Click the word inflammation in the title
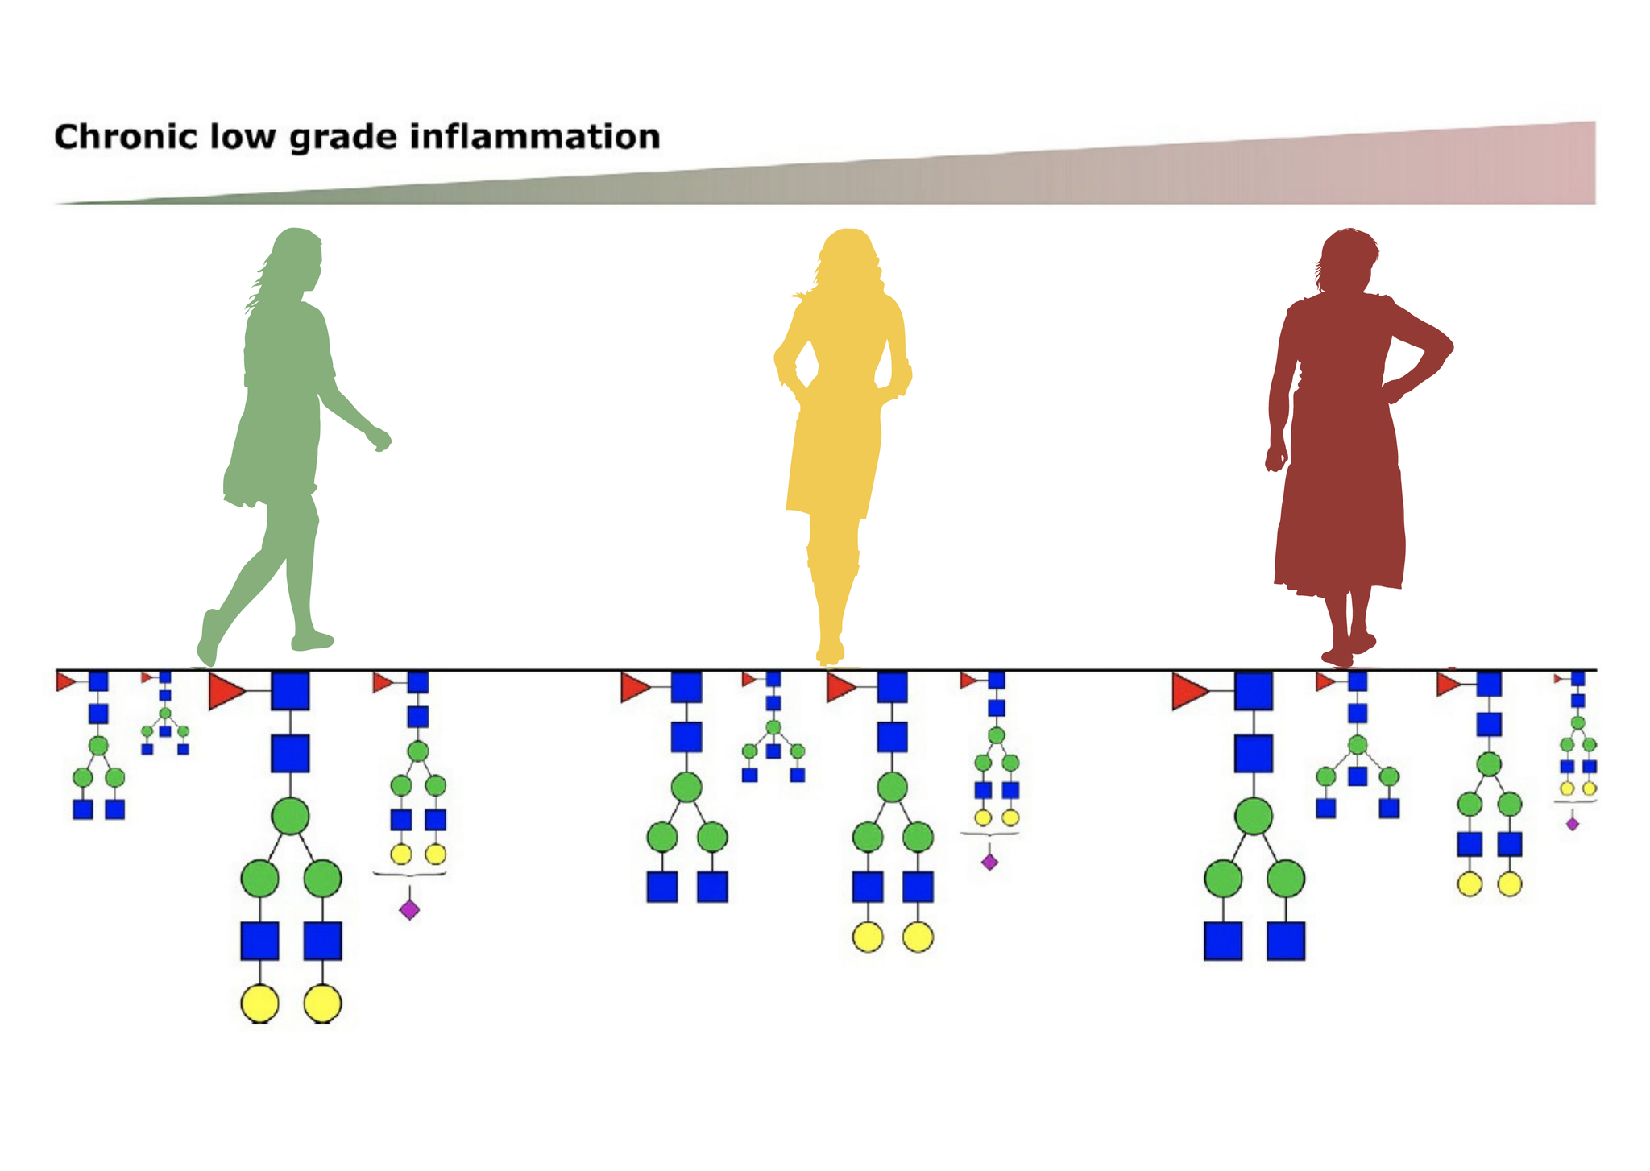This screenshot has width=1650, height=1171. [535, 137]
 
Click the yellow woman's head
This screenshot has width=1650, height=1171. [846, 256]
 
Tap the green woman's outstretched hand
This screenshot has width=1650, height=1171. [379, 440]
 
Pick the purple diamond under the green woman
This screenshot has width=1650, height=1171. [409, 910]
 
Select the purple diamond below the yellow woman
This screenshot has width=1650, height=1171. [989, 862]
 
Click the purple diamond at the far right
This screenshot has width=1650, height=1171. [1572, 824]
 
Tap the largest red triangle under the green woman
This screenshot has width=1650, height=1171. [225, 692]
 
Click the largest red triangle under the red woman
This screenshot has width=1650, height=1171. [1188, 692]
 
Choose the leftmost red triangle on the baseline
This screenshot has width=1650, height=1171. [64, 682]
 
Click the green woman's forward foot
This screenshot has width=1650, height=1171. [313, 641]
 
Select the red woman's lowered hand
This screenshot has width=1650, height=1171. [1275, 459]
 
